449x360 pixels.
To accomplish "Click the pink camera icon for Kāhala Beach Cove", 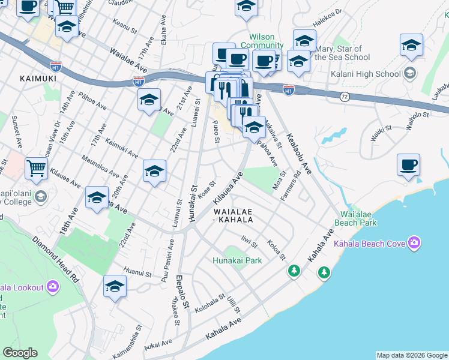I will tap(414, 243).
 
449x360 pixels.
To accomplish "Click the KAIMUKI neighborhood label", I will tap(38, 78).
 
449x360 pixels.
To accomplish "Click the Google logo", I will tap(20, 353).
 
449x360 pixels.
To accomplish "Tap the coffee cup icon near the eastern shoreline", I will tap(408, 165).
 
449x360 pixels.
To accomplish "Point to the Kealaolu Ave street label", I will tap(298, 154).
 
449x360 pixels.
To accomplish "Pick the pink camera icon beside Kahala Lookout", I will tap(53, 287).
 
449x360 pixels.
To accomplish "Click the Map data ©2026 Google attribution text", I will tap(412, 355).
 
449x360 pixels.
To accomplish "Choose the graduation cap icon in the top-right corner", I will tap(411, 45).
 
